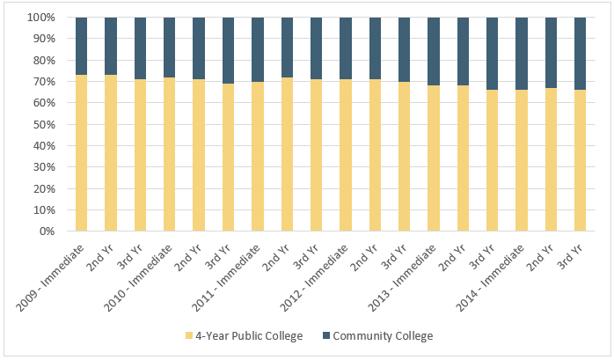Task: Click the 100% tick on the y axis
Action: pos(41,18)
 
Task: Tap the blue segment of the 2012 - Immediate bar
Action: pos(346,48)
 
